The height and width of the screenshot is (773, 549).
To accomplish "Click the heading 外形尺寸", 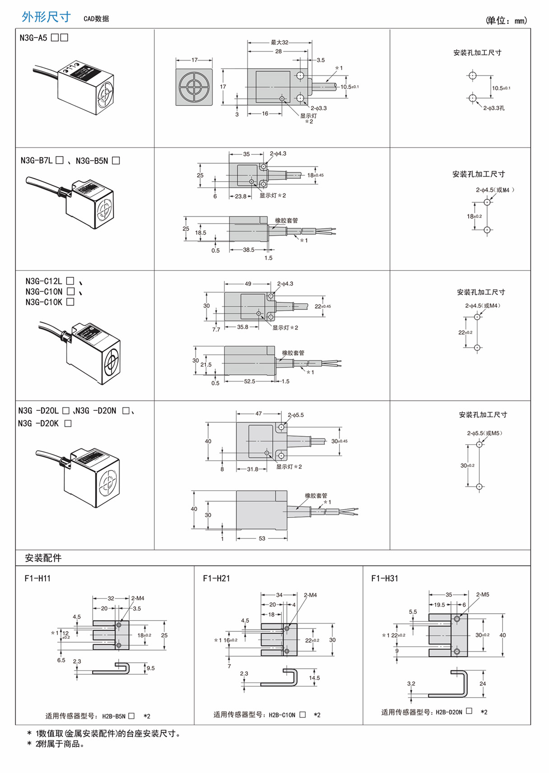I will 46,17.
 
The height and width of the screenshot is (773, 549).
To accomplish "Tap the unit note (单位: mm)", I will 506,20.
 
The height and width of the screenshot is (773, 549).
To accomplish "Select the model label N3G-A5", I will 33,38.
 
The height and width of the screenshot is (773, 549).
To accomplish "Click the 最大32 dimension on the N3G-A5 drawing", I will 279,42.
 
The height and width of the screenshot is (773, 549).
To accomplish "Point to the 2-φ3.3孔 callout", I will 494,108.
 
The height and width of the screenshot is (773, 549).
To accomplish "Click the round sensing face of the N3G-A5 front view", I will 194,87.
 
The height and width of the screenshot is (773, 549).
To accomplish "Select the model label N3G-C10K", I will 44,302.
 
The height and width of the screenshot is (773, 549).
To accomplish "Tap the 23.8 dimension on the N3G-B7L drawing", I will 241,196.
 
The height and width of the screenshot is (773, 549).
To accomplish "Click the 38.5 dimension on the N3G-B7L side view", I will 248,250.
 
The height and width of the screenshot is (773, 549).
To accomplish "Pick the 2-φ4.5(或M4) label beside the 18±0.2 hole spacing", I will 494,190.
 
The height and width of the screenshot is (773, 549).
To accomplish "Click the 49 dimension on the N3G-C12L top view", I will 248,284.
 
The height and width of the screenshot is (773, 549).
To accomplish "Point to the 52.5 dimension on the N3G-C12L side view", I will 249,382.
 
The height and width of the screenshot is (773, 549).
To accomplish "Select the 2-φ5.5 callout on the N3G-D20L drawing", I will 296,415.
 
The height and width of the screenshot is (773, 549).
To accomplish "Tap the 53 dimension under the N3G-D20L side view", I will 262,539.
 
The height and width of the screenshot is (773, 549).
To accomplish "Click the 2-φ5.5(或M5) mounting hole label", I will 484,433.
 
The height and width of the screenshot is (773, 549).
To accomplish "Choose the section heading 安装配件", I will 43,558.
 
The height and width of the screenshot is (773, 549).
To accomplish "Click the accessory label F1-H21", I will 216,578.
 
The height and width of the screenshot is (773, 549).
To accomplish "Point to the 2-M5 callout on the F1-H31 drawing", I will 482,595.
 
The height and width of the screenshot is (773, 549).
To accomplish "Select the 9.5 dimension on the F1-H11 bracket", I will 150,668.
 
